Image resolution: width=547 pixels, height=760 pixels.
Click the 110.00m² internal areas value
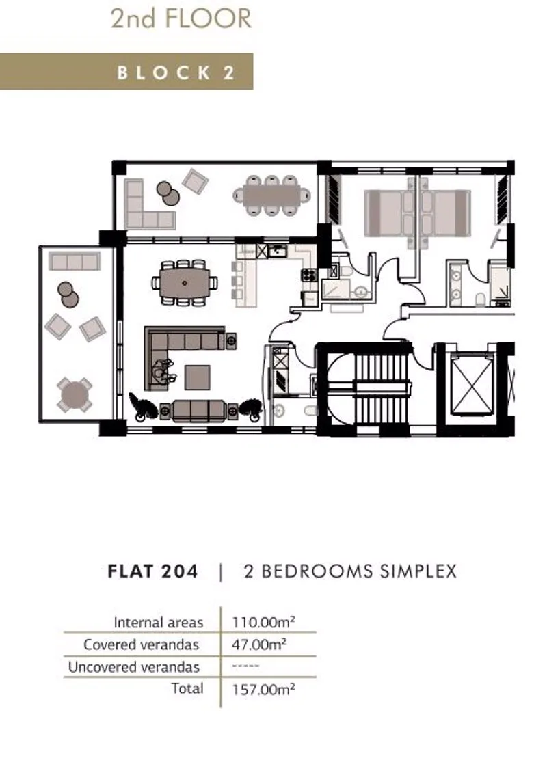point(263,622)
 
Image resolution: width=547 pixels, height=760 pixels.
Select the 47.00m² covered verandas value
point(259,644)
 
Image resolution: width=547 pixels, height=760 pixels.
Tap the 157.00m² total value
point(263,689)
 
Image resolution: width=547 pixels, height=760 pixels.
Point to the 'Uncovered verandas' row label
point(134,667)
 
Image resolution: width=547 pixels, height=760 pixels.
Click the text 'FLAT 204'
point(152,571)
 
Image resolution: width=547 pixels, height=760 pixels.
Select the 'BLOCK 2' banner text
point(176,72)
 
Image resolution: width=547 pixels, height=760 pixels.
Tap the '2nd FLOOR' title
point(181,18)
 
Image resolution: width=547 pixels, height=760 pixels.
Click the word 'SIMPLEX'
point(418,571)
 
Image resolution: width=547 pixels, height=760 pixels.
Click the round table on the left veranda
point(75,394)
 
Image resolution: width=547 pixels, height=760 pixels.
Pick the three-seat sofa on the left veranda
point(75,261)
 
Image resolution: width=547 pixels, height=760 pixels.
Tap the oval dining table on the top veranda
point(271,195)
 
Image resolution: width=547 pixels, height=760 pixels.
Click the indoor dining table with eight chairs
point(185,283)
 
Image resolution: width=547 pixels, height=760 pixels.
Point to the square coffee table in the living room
point(198,377)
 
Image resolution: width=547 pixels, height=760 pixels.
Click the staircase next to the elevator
point(369,388)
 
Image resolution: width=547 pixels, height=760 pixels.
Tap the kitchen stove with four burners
point(309,275)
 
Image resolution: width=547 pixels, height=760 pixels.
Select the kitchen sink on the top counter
point(278,251)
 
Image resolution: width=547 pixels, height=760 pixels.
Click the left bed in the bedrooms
point(390,213)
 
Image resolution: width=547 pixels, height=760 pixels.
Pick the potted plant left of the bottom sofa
point(142,406)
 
